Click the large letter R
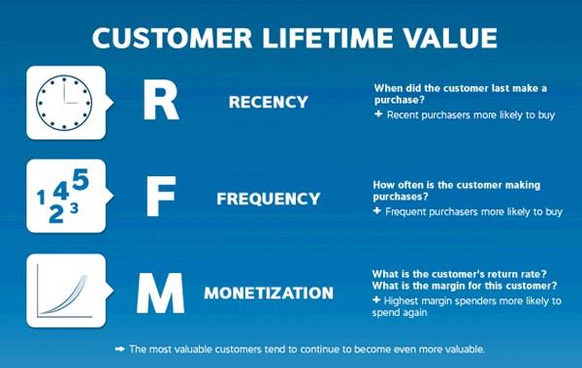[160, 101]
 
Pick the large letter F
[160, 198]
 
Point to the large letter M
[160, 291]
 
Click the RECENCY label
[268, 102]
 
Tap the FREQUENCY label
[268, 199]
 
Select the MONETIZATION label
[268, 291]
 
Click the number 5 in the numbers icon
[81, 179]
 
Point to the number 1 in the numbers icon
[41, 199]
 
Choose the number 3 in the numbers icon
[75, 206]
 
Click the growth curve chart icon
[63, 290]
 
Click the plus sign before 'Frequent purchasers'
[378, 210]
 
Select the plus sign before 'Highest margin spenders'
[378, 300]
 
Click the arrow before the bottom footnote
[119, 349]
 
